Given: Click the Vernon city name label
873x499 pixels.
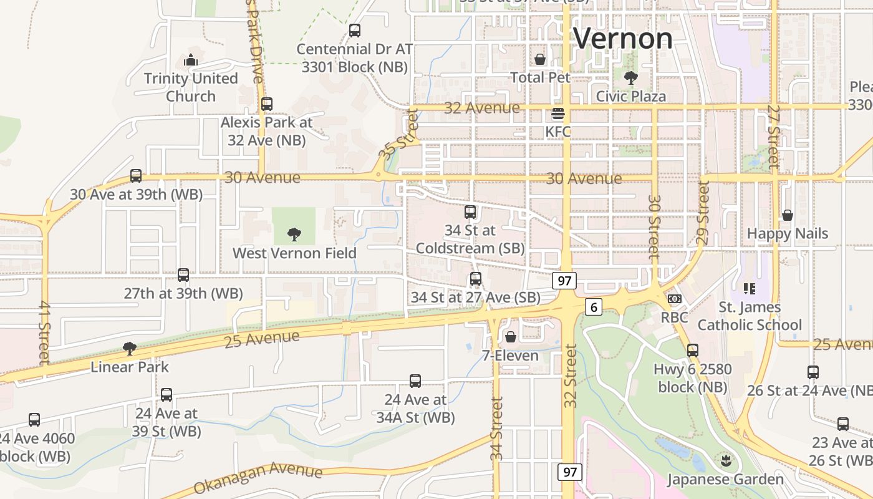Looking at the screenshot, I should click(x=622, y=39).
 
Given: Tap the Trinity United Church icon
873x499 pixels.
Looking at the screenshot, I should click(x=191, y=61).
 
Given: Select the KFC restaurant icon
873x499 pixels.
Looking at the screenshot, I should click(x=557, y=114).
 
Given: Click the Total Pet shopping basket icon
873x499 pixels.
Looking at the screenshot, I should click(x=540, y=59).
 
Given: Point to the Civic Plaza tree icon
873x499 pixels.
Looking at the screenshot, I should click(x=630, y=78).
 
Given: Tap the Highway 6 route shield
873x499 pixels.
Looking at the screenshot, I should click(x=594, y=307).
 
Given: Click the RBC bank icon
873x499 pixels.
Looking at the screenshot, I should click(x=674, y=299).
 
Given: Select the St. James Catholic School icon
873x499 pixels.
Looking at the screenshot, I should click(x=749, y=288).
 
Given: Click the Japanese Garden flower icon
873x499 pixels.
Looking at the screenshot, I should click(x=725, y=462).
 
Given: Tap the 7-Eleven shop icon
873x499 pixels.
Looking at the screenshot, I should click(x=510, y=337).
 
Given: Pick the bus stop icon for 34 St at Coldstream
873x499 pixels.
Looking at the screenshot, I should click(x=470, y=212).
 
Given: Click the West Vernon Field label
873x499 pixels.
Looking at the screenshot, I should click(x=294, y=253).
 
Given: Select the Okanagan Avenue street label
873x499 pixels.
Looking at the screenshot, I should click(x=258, y=478).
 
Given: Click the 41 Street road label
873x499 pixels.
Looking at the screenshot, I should click(x=44, y=332).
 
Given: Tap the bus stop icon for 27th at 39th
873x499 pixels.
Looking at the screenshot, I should click(x=183, y=275).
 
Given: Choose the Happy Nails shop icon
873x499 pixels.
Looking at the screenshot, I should click(x=787, y=215).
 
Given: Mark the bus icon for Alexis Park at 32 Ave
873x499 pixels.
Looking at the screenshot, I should click(x=267, y=104).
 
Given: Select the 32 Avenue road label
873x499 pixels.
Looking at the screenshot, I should click(x=482, y=108).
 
